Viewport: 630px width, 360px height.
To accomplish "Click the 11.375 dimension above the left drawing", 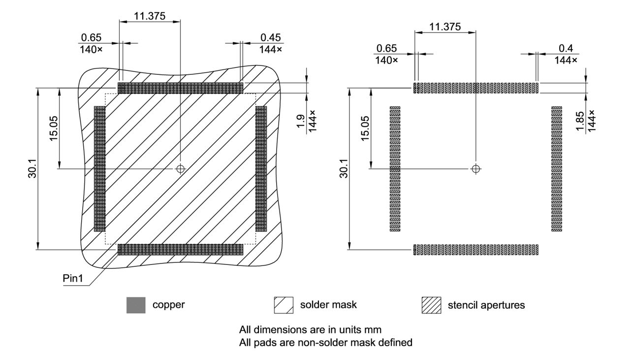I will (150, 16).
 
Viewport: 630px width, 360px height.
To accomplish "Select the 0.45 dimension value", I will (271, 38).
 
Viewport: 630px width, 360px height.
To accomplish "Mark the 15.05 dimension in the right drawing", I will (365, 129).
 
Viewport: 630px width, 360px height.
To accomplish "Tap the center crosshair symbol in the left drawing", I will (181, 168).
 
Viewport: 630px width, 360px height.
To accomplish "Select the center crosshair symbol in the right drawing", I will (475, 168).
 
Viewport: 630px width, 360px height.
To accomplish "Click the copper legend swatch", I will (136, 305).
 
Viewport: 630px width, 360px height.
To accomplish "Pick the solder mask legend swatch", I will (283, 305).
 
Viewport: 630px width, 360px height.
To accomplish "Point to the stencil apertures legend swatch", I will (431, 305).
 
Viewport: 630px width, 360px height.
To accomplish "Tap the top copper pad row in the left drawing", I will (181, 88).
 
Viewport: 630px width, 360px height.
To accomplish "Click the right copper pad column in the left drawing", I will (261, 168).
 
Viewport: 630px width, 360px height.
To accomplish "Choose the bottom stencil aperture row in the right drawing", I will (475, 249).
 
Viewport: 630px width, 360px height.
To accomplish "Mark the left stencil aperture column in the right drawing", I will (395, 168).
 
